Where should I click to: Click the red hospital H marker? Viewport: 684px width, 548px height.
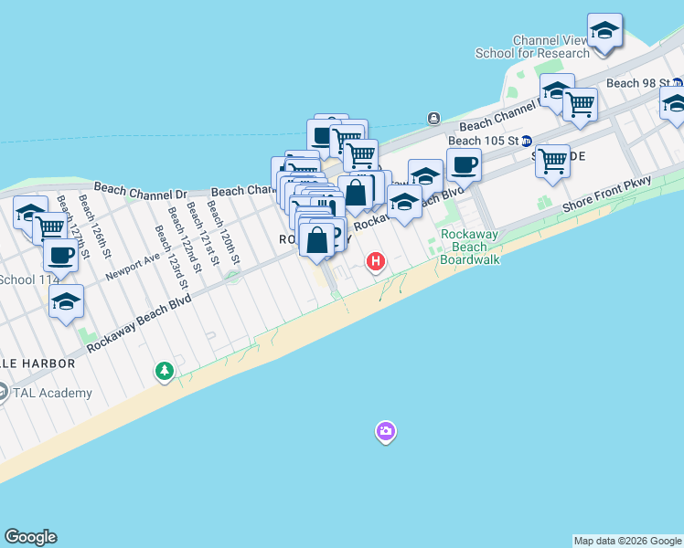[375, 263]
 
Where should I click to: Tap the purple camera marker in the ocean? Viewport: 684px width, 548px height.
[386, 431]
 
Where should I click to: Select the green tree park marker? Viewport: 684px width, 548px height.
[165, 371]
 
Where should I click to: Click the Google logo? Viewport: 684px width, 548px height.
[30, 537]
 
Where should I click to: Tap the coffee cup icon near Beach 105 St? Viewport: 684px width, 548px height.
[464, 165]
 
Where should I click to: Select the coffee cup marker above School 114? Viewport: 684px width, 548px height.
[60, 255]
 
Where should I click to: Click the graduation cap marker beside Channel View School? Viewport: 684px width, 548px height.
[604, 31]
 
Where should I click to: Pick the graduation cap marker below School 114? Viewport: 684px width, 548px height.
[66, 301]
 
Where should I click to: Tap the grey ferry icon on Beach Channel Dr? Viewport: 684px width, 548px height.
[433, 118]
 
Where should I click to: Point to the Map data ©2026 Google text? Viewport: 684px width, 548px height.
[627, 541]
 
